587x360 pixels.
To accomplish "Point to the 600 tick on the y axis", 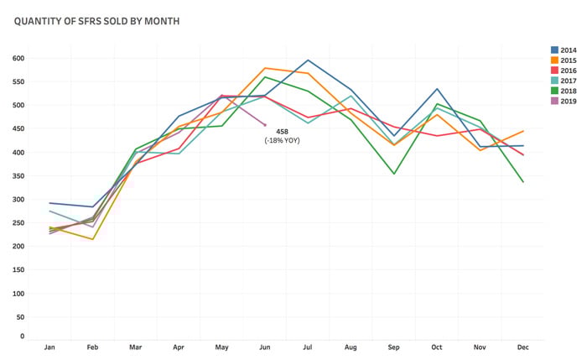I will tap(18, 59).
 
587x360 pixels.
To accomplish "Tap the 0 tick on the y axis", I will tap(23, 336).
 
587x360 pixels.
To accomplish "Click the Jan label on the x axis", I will tap(49, 347).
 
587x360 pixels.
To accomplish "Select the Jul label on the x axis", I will tap(308, 347).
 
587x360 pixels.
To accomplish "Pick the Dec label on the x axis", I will tap(523, 347).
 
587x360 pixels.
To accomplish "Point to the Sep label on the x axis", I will tap(394, 347).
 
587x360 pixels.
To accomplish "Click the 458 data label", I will tap(282, 131).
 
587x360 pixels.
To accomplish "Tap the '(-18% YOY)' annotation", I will tap(282, 140).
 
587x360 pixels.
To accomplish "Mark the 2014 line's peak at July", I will tap(308, 60).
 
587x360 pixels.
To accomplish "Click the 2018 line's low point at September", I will tap(394, 174).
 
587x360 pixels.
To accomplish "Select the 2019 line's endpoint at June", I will tap(265, 125).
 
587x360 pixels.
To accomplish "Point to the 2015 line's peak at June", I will tap(265, 68).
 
